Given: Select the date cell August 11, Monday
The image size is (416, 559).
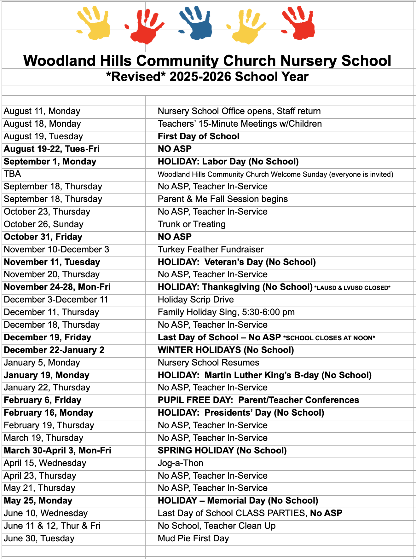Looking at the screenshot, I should click(42, 111).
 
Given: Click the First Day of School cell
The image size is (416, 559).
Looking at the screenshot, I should click(199, 136).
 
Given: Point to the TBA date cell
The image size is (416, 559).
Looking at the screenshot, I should click(12, 174).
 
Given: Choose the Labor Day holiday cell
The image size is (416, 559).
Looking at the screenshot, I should click(228, 162).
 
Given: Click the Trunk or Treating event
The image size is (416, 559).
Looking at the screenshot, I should click(192, 224).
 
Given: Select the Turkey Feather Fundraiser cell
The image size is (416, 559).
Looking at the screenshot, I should click(211, 250).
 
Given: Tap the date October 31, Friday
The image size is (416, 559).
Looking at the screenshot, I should click(43, 237).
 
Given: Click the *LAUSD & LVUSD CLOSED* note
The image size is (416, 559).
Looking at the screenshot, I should click(352, 288).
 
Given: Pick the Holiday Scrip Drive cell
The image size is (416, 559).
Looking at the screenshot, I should click(196, 300).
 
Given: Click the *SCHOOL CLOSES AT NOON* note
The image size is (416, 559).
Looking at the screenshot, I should click(329, 338).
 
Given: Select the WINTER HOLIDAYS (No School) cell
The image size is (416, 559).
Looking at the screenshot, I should click(226, 350).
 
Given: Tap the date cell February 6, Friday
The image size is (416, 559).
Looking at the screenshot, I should click(43, 400).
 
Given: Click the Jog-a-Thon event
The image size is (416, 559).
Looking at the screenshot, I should click(181, 463).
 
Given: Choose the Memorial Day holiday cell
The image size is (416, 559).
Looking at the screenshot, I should click(238, 501).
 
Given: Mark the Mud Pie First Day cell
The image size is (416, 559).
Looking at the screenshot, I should click(193, 539).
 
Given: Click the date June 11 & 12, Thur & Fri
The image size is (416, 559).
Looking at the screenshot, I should click(52, 526).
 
